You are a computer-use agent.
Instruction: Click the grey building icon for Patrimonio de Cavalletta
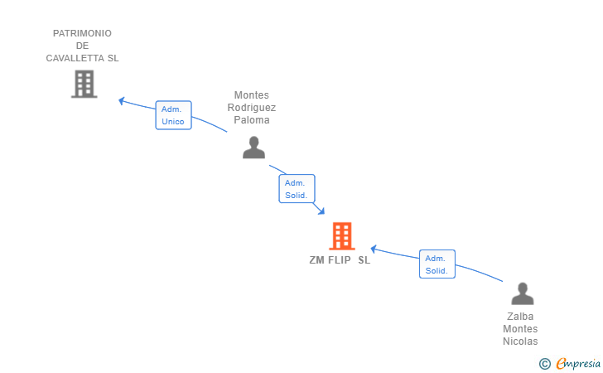click(x=84, y=84)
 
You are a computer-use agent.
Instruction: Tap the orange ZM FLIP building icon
click(x=341, y=236)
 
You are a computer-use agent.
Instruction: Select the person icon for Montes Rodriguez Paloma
click(x=253, y=148)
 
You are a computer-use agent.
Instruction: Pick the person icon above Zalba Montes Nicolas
click(x=522, y=294)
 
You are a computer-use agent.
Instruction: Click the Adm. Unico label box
click(x=173, y=115)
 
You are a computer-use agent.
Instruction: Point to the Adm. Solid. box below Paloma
click(x=297, y=189)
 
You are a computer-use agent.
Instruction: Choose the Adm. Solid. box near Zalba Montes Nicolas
click(x=437, y=264)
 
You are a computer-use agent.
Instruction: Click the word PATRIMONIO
click(x=82, y=33)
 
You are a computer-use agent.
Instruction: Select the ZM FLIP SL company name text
click(x=340, y=259)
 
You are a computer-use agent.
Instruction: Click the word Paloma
click(x=252, y=119)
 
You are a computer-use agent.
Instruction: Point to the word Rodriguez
click(x=252, y=107)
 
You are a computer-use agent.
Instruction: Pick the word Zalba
click(x=520, y=316)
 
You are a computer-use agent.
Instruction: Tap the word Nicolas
click(x=520, y=341)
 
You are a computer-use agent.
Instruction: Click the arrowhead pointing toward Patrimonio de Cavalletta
click(x=122, y=100)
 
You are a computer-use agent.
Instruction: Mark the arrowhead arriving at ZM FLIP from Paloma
click(x=321, y=212)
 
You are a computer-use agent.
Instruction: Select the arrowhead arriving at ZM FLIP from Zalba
click(x=374, y=248)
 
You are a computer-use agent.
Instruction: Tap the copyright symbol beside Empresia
click(x=544, y=363)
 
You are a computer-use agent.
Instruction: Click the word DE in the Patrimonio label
click(x=82, y=46)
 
